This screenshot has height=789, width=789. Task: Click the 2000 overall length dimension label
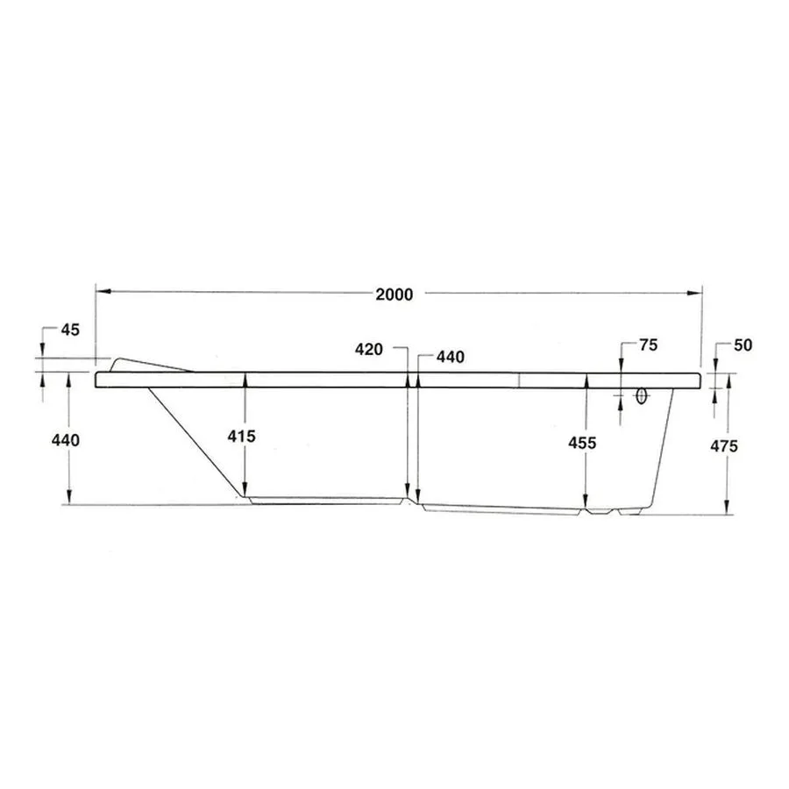coord(394,295)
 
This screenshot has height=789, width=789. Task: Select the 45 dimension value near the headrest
coord(70,331)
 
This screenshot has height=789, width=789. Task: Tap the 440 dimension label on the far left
coord(66,440)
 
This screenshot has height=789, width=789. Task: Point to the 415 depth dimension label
coord(242,437)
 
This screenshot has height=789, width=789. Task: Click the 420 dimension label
coord(369,349)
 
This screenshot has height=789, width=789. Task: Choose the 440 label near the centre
coord(451,358)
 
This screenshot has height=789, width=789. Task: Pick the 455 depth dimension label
coord(582,443)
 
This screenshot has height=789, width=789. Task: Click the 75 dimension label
coord(648,345)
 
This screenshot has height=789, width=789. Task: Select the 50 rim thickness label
coord(743,345)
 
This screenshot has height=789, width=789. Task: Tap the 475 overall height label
coord(724,446)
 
